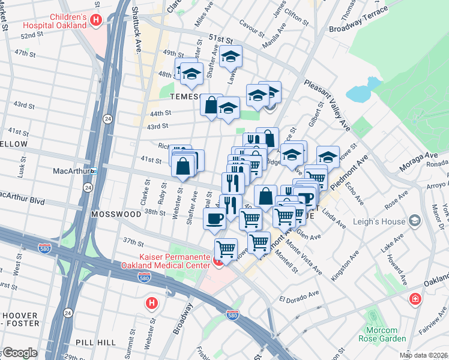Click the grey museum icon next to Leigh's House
414,221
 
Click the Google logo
19,353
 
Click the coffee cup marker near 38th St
215,218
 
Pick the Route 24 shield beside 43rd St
106,118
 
